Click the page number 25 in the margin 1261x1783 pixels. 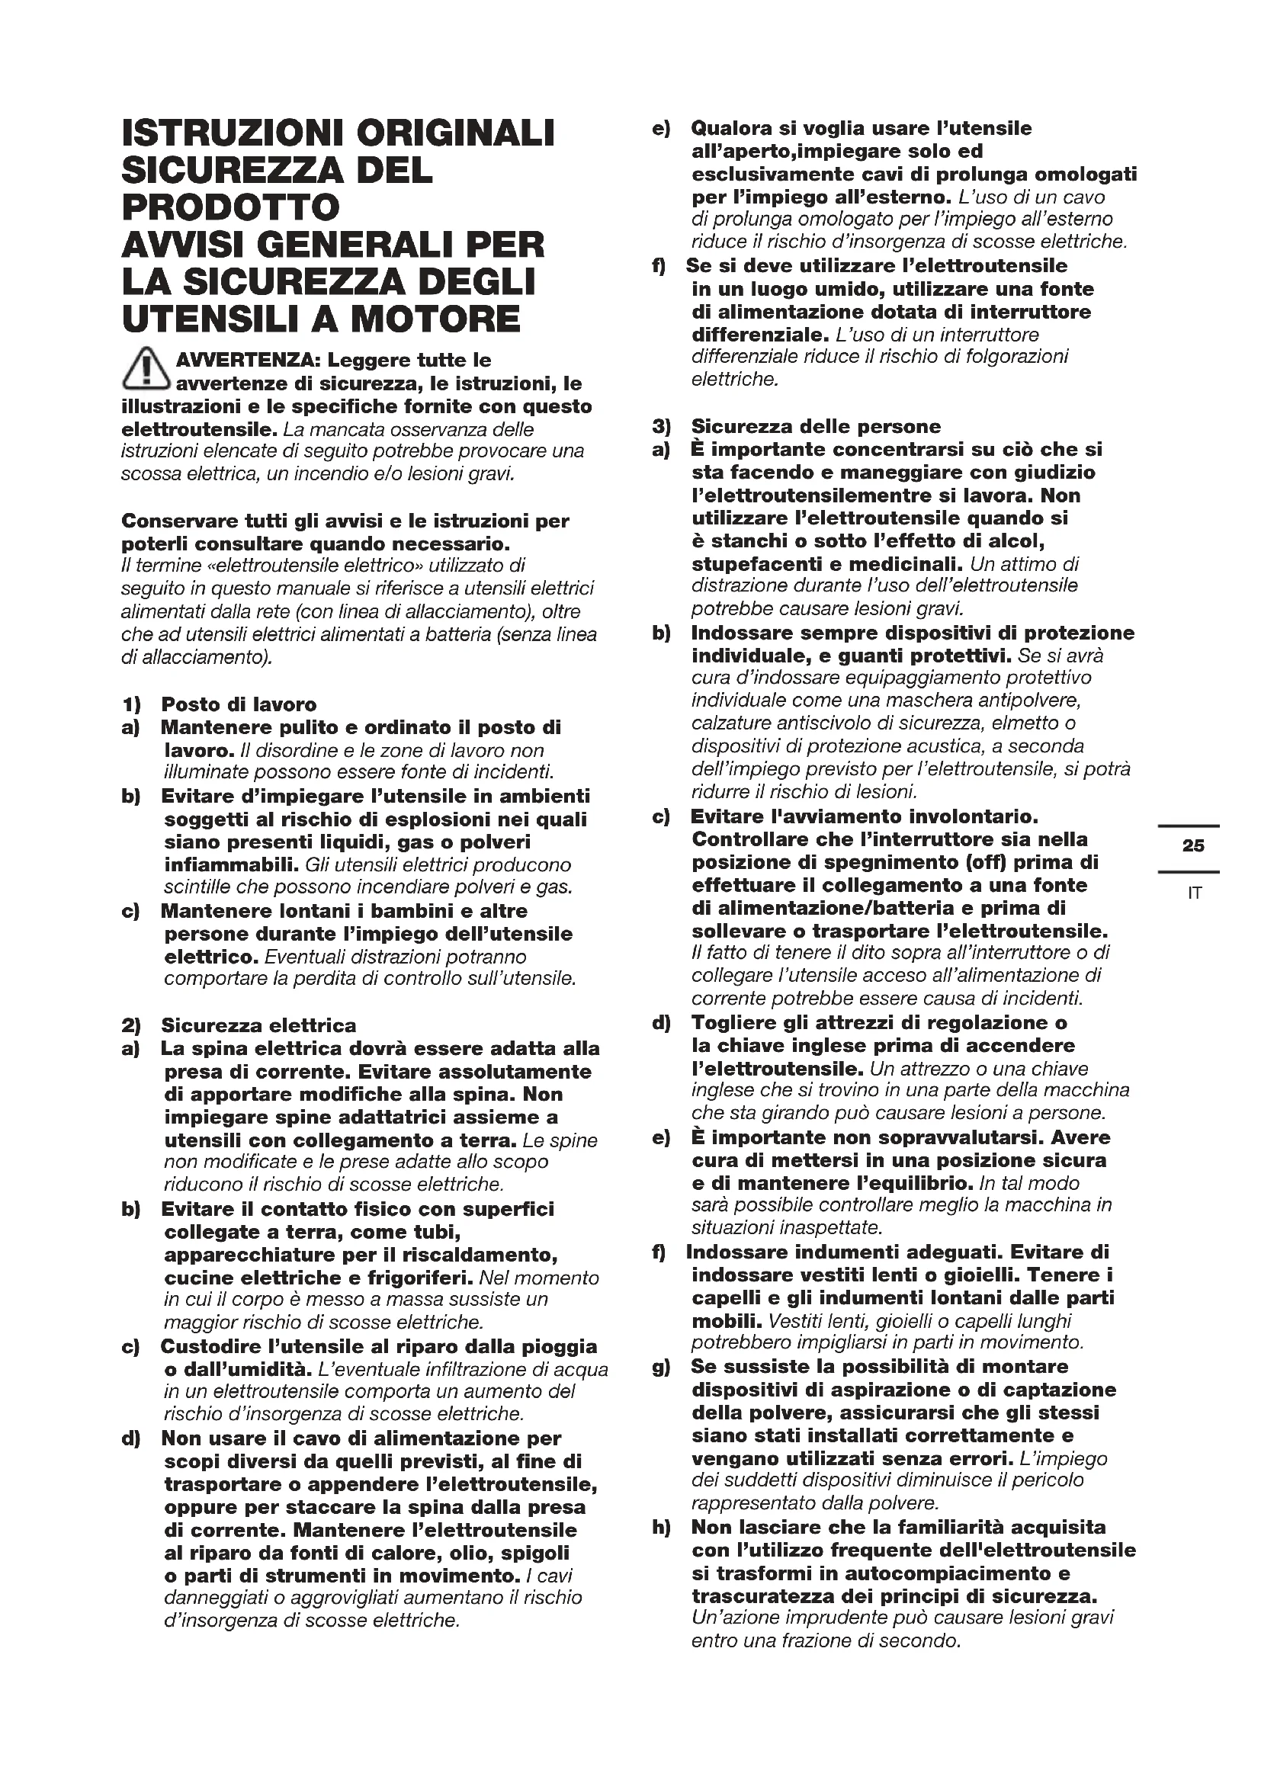coord(1192,845)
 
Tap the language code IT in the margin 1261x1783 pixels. coord(1194,893)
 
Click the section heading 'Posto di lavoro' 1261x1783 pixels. coord(239,704)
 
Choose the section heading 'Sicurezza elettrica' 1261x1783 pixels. coord(258,1025)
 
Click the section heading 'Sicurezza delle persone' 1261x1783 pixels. coord(815,426)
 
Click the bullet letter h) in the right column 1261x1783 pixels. coord(662,1528)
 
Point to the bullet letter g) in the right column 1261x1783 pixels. coord(662,1366)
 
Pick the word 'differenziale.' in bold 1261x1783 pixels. coord(761,335)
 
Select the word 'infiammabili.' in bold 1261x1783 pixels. coord(233,865)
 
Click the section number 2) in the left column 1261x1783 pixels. coord(131,1025)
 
